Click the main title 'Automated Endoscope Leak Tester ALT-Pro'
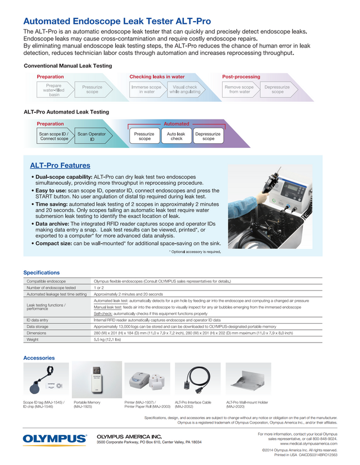[x=117, y=21]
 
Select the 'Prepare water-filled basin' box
[x=54, y=90]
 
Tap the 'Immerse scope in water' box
[x=146, y=90]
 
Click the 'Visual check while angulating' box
[x=184, y=90]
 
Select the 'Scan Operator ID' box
[x=91, y=136]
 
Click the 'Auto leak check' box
[x=176, y=136]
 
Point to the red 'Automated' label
[x=176, y=124]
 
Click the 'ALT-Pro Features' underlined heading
[x=60, y=166]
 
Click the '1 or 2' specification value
[x=99, y=288]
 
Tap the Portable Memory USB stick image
[x=97, y=380]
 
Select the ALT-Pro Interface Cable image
[x=197, y=380]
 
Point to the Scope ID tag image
[x=46, y=380]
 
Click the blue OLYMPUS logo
[x=55, y=440]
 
